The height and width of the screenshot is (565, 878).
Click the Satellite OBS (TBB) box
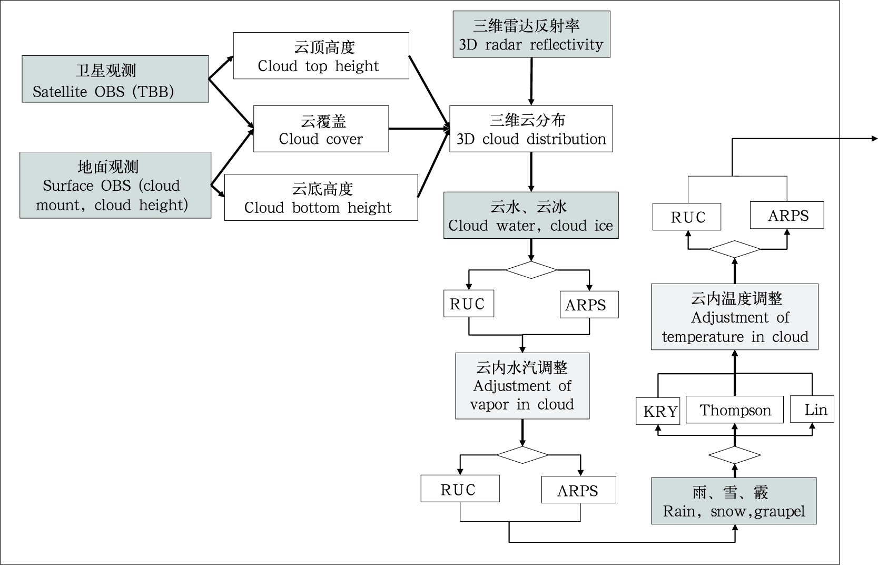[115, 79]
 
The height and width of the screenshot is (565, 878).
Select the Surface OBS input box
[115, 185]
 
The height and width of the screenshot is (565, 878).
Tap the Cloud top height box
[321, 56]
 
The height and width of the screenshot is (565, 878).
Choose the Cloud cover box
[321, 129]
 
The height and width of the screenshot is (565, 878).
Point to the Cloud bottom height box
[321, 198]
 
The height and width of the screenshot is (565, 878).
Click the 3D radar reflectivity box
[531, 34]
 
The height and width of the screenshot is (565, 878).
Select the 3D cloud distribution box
[531, 129]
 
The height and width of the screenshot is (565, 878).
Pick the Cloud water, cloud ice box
[531, 215]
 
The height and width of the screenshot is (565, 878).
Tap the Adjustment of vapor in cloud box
[522, 386]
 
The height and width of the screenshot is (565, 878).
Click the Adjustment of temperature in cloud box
[734, 317]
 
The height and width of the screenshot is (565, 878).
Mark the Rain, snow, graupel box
[734, 501]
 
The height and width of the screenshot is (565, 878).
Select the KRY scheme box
[658, 411]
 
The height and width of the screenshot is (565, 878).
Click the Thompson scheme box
[735, 410]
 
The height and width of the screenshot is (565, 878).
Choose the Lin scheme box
[812, 410]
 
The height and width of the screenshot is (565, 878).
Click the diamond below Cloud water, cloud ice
[531, 270]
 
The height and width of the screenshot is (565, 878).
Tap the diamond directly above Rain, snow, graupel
[734, 455]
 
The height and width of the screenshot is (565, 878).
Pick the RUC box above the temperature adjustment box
[687, 217]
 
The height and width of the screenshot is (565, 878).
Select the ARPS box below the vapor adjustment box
[578, 490]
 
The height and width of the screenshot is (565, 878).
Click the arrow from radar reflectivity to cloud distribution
[531, 81]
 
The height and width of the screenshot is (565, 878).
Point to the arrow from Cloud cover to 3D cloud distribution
[419, 129]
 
